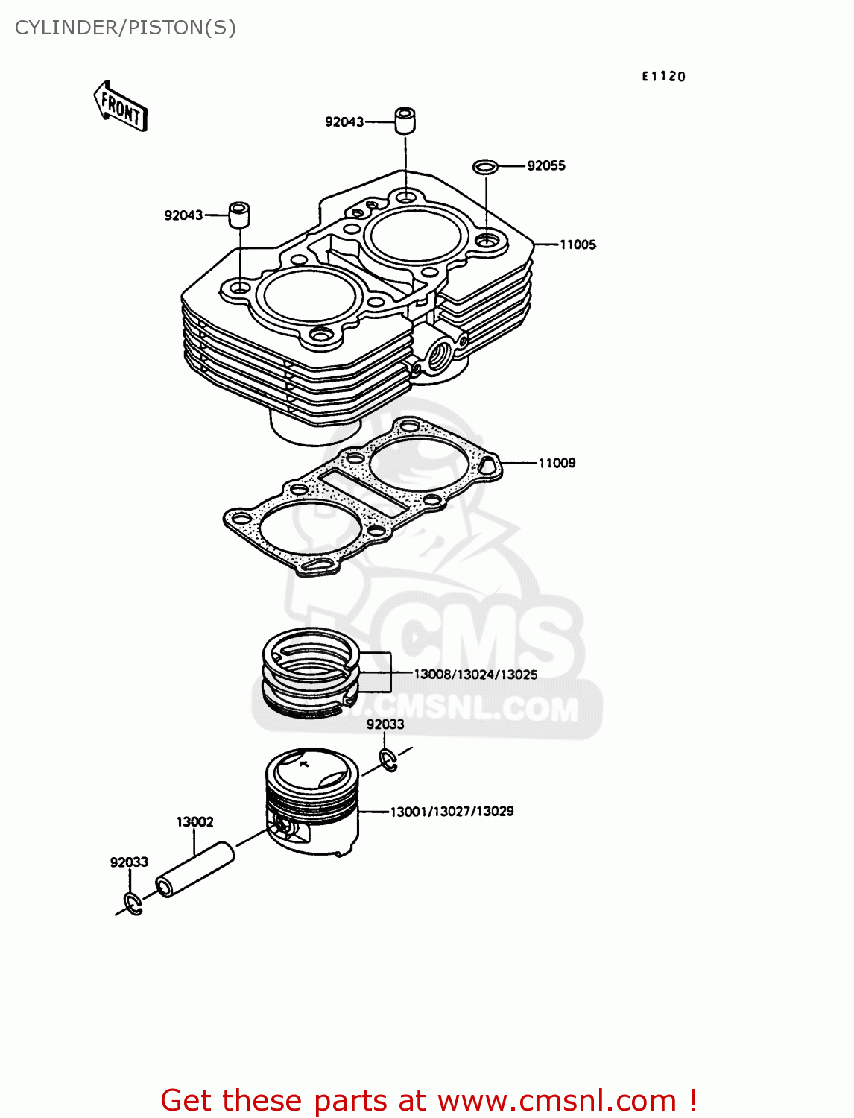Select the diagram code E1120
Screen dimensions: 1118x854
tap(663, 76)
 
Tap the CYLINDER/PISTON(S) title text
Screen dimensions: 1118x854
tap(125, 28)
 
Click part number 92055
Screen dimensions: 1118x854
tap(545, 165)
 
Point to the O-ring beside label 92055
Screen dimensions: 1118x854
tap(485, 165)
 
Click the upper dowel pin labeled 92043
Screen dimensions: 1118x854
tap(405, 121)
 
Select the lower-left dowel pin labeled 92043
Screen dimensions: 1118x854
tap(239, 215)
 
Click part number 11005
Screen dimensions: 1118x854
tap(578, 244)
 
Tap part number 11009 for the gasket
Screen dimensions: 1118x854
tap(557, 463)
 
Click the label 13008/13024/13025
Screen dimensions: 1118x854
tap(475, 675)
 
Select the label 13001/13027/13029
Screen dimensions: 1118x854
tap(452, 812)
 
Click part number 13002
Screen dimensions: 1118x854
tap(194, 821)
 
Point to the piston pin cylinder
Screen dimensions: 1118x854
tap(195, 870)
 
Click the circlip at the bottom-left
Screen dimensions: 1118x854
tap(133, 903)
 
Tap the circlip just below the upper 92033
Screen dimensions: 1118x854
tap(388, 760)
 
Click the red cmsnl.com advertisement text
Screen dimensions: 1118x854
tap(428, 1100)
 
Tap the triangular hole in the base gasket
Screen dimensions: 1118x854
tap(488, 466)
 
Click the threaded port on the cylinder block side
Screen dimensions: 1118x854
tap(437, 350)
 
